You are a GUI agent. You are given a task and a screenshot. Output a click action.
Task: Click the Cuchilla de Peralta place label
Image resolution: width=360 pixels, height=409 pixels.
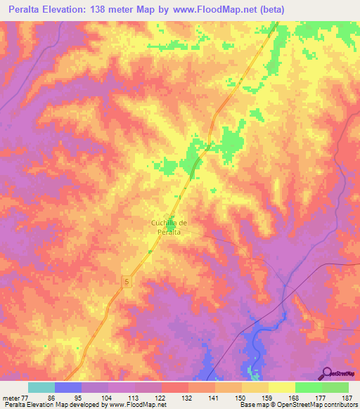pyautogui.click(x=169, y=227)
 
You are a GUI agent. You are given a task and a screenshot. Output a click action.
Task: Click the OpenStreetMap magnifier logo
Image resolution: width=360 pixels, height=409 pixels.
pyautogui.click(x=327, y=372)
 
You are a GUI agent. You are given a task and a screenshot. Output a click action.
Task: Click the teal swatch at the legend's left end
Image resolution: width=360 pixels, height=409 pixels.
pyautogui.click(x=41, y=387)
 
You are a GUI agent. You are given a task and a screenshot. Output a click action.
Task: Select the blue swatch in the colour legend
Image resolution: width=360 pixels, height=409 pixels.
pyautogui.click(x=68, y=387)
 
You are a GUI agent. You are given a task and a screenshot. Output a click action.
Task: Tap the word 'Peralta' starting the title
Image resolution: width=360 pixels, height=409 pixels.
pyautogui.click(x=23, y=9)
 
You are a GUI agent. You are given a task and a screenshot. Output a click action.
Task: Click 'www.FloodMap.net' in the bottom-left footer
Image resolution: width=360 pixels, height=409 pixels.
pyautogui.click(x=141, y=405)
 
